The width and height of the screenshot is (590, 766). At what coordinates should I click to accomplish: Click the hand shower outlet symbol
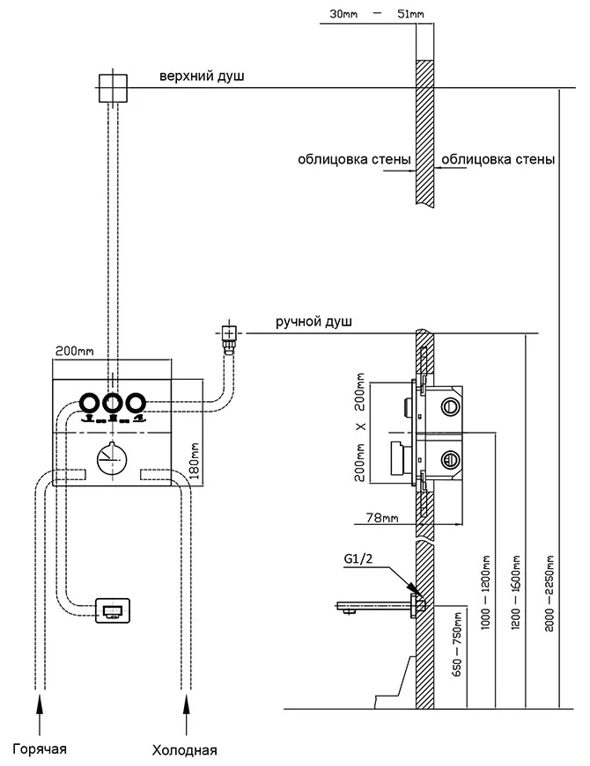point(228,333)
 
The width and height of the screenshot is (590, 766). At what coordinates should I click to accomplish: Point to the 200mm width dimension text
point(74,350)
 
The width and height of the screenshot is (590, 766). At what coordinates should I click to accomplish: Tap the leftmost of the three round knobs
point(90,404)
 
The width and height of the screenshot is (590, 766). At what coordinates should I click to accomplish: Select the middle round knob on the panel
point(113,404)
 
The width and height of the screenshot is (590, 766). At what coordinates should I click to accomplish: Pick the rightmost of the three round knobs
point(135,404)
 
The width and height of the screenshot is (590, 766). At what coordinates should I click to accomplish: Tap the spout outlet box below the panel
point(113,609)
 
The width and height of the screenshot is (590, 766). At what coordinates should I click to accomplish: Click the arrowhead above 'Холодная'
point(185,700)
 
